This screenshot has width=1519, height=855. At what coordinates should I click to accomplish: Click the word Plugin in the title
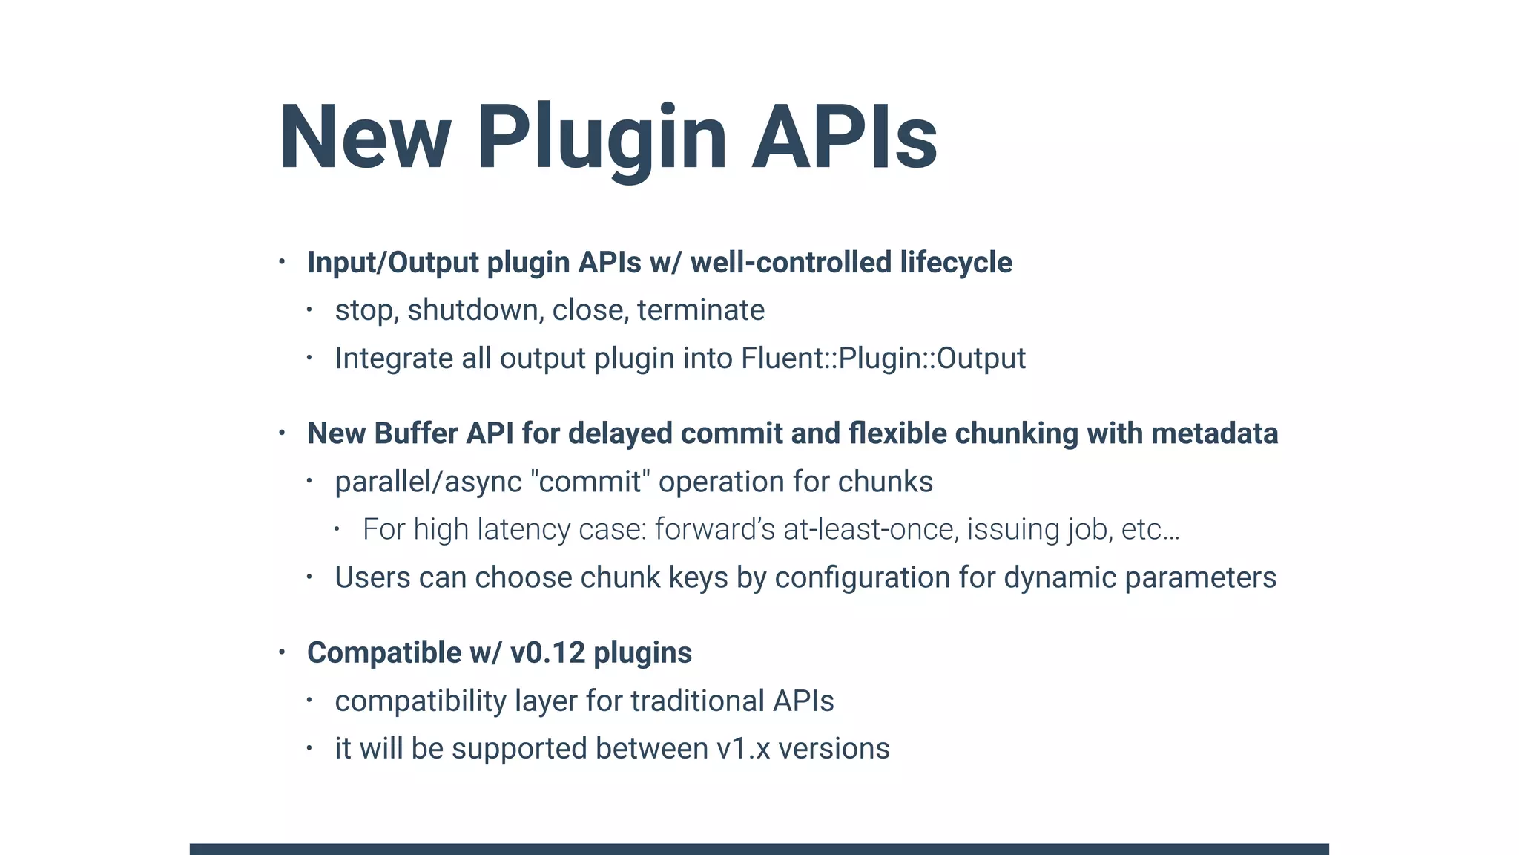[x=602, y=138]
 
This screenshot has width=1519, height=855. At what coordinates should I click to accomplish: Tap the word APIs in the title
[x=845, y=138]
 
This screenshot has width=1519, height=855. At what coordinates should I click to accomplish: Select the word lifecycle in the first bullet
[x=956, y=263]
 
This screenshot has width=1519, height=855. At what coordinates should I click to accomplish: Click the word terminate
[x=701, y=310]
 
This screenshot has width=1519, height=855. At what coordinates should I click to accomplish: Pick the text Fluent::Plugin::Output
[x=883, y=358]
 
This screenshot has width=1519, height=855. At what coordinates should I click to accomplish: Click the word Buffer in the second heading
[x=415, y=433]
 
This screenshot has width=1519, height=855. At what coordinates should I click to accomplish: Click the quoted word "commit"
[x=590, y=482]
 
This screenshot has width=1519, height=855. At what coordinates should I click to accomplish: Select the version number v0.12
[x=547, y=653]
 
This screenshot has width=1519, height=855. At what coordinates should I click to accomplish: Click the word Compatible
[x=384, y=653]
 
